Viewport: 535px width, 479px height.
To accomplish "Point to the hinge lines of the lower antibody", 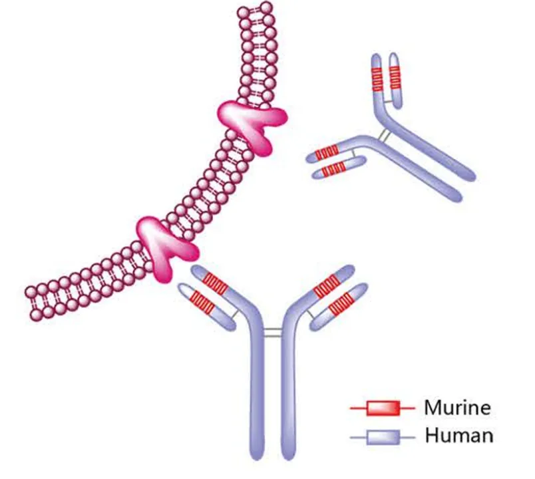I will [x=271, y=331].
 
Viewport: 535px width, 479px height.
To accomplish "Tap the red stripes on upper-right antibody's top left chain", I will [x=377, y=80].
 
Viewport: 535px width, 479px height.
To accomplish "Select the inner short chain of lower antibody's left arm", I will [x=206, y=305].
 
